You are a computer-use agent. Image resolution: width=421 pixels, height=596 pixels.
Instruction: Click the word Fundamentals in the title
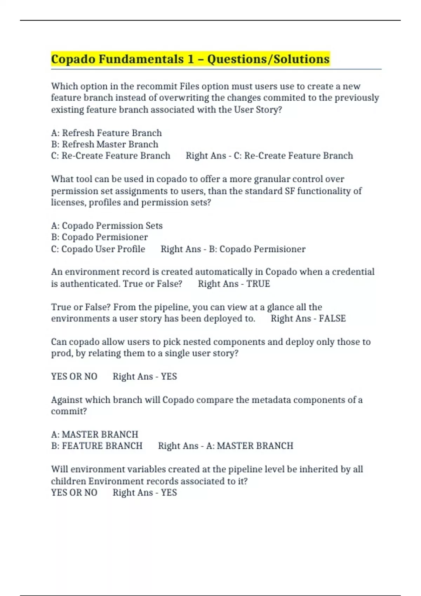click(141, 59)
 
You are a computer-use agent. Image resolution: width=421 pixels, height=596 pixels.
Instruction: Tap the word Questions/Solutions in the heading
click(268, 59)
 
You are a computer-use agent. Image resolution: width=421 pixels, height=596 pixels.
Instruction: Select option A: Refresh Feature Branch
click(106, 133)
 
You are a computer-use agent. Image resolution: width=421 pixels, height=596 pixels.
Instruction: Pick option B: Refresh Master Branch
click(105, 144)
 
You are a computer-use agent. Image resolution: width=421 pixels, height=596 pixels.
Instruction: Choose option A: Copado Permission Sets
click(107, 225)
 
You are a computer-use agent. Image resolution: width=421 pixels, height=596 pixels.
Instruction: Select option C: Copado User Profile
click(98, 249)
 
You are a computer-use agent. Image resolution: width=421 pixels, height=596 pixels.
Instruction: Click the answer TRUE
click(258, 284)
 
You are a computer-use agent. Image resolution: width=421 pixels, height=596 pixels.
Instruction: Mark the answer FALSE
click(332, 318)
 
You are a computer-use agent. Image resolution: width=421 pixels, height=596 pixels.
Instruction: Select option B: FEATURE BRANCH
click(96, 446)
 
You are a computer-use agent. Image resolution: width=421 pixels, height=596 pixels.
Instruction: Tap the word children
click(68, 481)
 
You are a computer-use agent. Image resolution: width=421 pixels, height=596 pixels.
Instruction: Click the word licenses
click(68, 203)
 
